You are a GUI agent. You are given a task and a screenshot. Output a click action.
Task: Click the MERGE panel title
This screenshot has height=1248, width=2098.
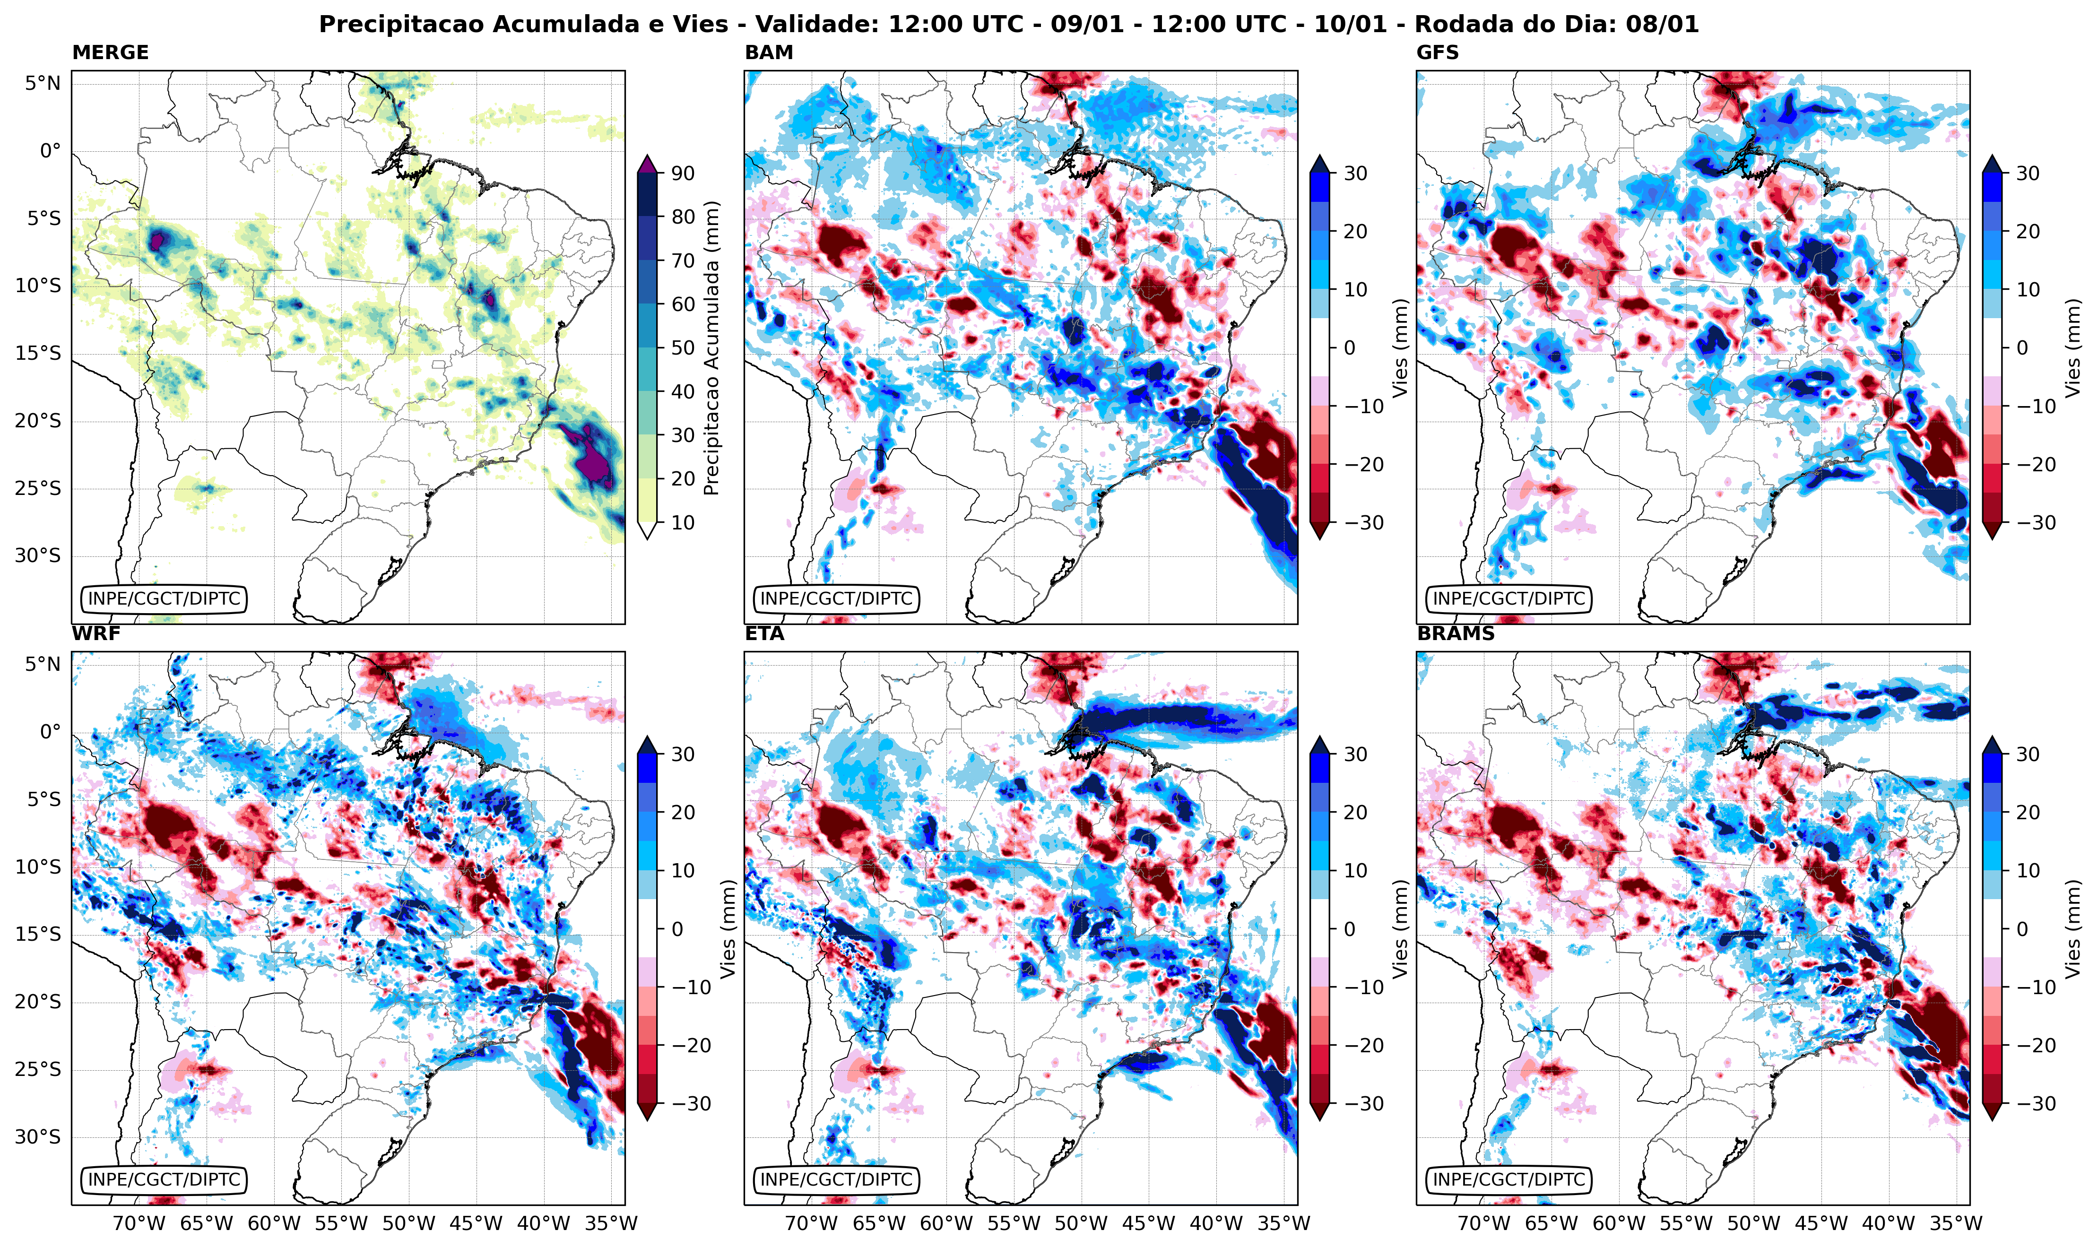pyautogui.click(x=110, y=52)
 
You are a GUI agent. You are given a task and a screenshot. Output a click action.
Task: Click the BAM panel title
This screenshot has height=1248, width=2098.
pyautogui.click(x=769, y=52)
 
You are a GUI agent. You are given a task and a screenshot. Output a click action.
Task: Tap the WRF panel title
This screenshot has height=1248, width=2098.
pyautogui.click(x=96, y=633)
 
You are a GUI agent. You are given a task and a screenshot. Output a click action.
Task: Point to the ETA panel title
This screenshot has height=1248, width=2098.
pyautogui.click(x=764, y=633)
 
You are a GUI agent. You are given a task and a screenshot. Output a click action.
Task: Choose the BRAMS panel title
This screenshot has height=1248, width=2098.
pyautogui.click(x=1456, y=633)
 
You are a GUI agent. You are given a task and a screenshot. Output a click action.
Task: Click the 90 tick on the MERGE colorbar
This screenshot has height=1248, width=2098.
pyautogui.click(x=683, y=173)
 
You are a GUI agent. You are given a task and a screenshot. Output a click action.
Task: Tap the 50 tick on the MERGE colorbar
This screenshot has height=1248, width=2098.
pyautogui.click(x=683, y=347)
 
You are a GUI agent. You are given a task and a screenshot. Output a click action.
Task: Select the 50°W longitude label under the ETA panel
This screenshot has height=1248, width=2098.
pyautogui.click(x=1081, y=1223)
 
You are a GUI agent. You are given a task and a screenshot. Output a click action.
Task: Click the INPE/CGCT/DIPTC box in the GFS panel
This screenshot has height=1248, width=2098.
pyautogui.click(x=1508, y=599)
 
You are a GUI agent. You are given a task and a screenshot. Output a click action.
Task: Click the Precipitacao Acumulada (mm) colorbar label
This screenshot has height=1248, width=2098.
pyautogui.click(x=711, y=347)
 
